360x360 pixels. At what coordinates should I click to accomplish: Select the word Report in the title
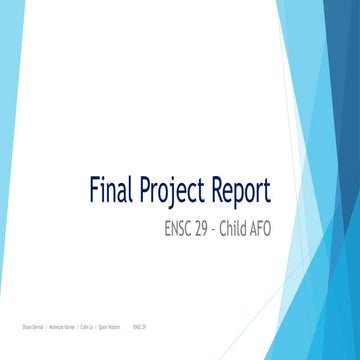tap(244, 191)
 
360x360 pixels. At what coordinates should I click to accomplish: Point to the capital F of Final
tap(96, 189)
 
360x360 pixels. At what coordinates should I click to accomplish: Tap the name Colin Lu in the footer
tap(85, 327)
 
